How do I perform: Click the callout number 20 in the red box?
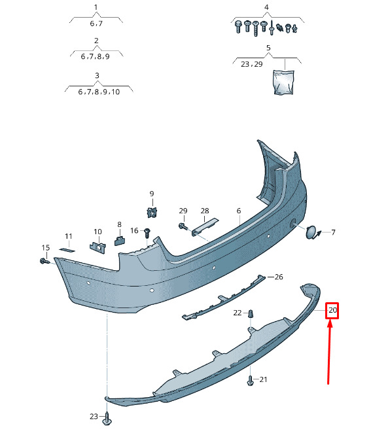pos(332,310)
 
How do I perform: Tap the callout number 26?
pos(279,277)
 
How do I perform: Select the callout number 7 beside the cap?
pos(333,232)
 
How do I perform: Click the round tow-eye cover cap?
pos(310,232)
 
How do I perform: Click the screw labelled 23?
pos(107,418)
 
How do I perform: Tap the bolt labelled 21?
pos(251,380)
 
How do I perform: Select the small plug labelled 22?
pos(251,313)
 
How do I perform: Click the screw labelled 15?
pos(44,261)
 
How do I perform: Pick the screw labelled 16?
pos(147,233)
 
